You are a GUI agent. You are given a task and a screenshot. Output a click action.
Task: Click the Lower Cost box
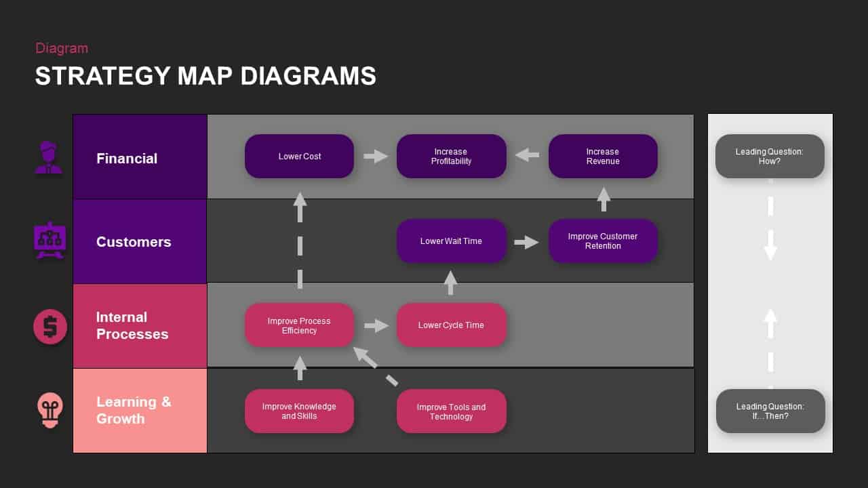pyautogui.click(x=299, y=157)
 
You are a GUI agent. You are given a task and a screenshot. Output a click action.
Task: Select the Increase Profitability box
pyautogui.click(x=451, y=157)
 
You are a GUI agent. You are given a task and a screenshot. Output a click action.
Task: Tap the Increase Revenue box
pyautogui.click(x=603, y=157)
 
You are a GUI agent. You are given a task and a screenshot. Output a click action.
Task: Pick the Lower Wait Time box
pyautogui.click(x=451, y=241)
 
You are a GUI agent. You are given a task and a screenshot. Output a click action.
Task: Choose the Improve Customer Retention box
pyautogui.click(x=603, y=241)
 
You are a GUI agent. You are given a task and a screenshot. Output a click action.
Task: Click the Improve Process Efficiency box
pyautogui.click(x=299, y=325)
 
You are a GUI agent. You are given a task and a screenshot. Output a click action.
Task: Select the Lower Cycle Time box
pyautogui.click(x=451, y=325)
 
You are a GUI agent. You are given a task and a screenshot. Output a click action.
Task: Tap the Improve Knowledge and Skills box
pyautogui.click(x=299, y=411)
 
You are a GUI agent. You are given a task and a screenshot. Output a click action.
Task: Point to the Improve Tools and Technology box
pyautogui.click(x=451, y=411)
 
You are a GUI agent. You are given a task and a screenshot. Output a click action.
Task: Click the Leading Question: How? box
pyautogui.click(x=770, y=157)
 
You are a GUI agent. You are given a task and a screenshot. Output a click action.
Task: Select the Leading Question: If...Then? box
pyautogui.click(x=770, y=411)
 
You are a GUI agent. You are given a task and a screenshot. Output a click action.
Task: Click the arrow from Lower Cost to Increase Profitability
pyautogui.click(x=375, y=157)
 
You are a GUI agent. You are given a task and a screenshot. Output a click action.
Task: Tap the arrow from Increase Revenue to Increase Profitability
pyautogui.click(x=527, y=156)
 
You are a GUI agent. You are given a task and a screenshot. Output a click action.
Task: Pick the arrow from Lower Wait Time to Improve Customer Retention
pyautogui.click(x=526, y=242)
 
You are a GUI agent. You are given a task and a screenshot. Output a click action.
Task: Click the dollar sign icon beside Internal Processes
pyautogui.click(x=50, y=327)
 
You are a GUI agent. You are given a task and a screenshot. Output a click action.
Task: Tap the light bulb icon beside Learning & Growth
pyautogui.click(x=50, y=410)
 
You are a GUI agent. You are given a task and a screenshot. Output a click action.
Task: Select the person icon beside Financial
pyautogui.click(x=49, y=158)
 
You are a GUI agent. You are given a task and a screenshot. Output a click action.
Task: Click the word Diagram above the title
pyautogui.click(x=62, y=48)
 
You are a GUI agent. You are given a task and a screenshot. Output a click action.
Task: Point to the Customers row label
pyautogui.click(x=134, y=242)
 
